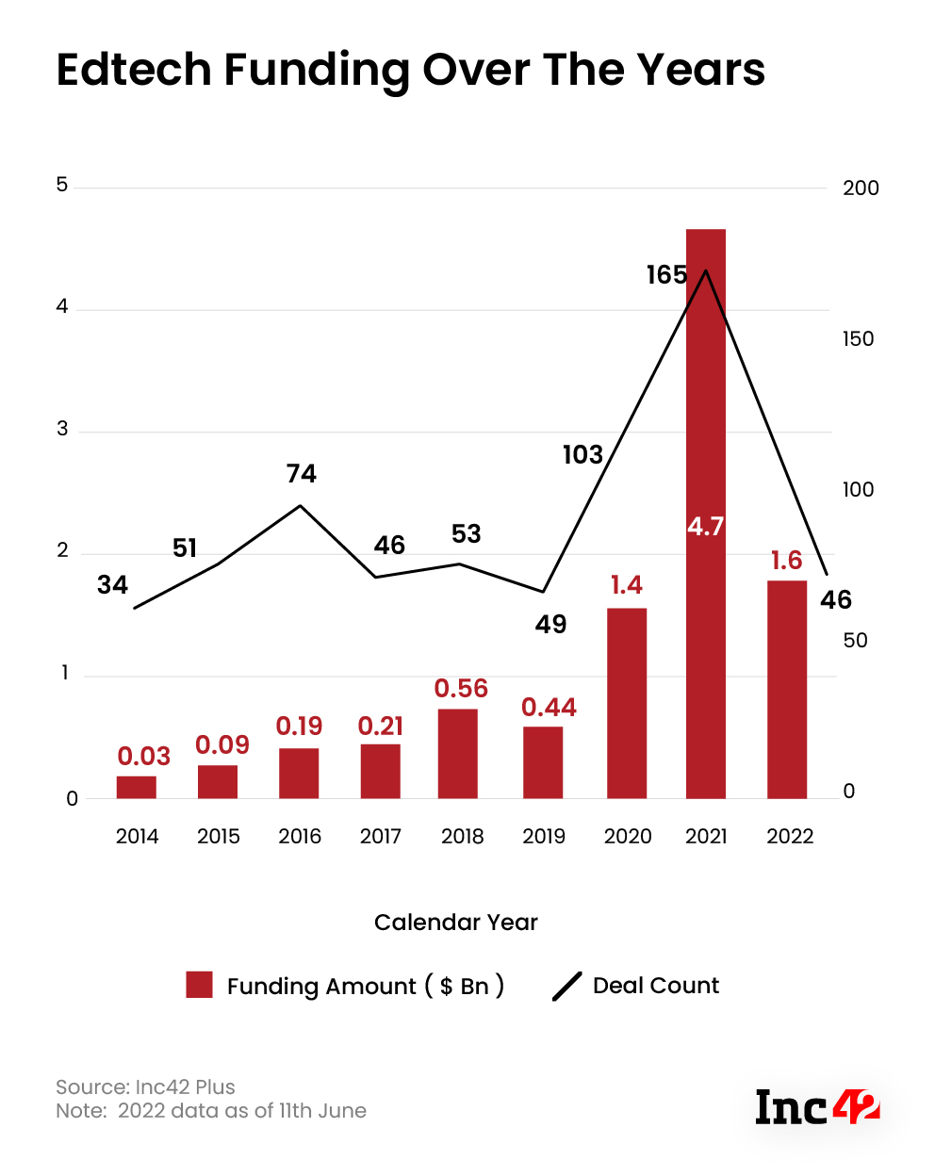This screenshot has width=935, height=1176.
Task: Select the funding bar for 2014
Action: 137,788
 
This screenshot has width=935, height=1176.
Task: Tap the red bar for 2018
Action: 458,754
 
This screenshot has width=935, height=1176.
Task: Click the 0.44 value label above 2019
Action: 549,708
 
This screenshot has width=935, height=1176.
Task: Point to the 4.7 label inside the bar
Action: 705,527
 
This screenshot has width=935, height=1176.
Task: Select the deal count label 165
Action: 666,275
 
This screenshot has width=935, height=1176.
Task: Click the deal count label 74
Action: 302,474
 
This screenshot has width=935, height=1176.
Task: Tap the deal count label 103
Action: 582,455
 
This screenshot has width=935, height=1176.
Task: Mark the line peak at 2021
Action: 706,271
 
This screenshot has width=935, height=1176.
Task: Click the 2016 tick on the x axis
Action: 300,837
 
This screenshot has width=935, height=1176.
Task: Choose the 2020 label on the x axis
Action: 628,837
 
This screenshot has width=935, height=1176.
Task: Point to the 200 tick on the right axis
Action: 861,188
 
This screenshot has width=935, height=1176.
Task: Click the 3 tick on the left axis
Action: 63,430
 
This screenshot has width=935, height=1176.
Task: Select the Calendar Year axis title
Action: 456,923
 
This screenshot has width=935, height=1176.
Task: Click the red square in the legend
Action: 199,985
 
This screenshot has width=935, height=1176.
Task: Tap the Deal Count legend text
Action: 656,986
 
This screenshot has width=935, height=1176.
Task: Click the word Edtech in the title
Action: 134,71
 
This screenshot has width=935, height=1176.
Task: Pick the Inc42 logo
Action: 817,1107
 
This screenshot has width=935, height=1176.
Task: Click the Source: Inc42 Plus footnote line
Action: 146,1087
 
